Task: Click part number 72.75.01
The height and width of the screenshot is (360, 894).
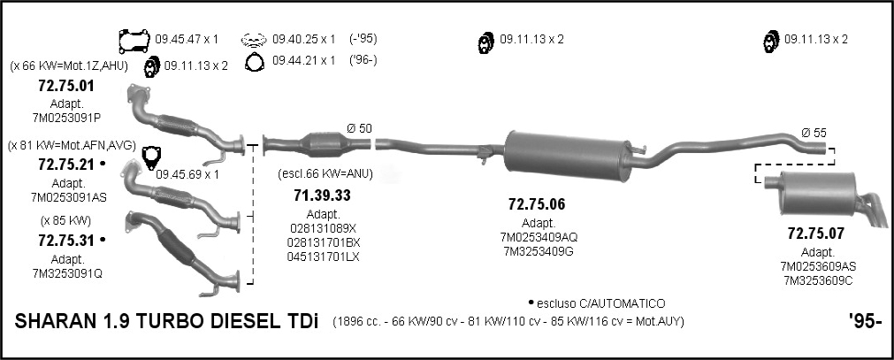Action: pos(66,87)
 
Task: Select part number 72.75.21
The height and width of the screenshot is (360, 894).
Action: pos(66,165)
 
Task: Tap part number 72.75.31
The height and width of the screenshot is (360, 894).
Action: pos(66,241)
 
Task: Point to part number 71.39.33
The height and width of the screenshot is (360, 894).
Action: pos(322,195)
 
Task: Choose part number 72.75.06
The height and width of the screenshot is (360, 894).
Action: pos(537,204)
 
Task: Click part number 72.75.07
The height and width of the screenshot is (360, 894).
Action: pos(816,234)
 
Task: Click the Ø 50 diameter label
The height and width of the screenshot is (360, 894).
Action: pos(359,128)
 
